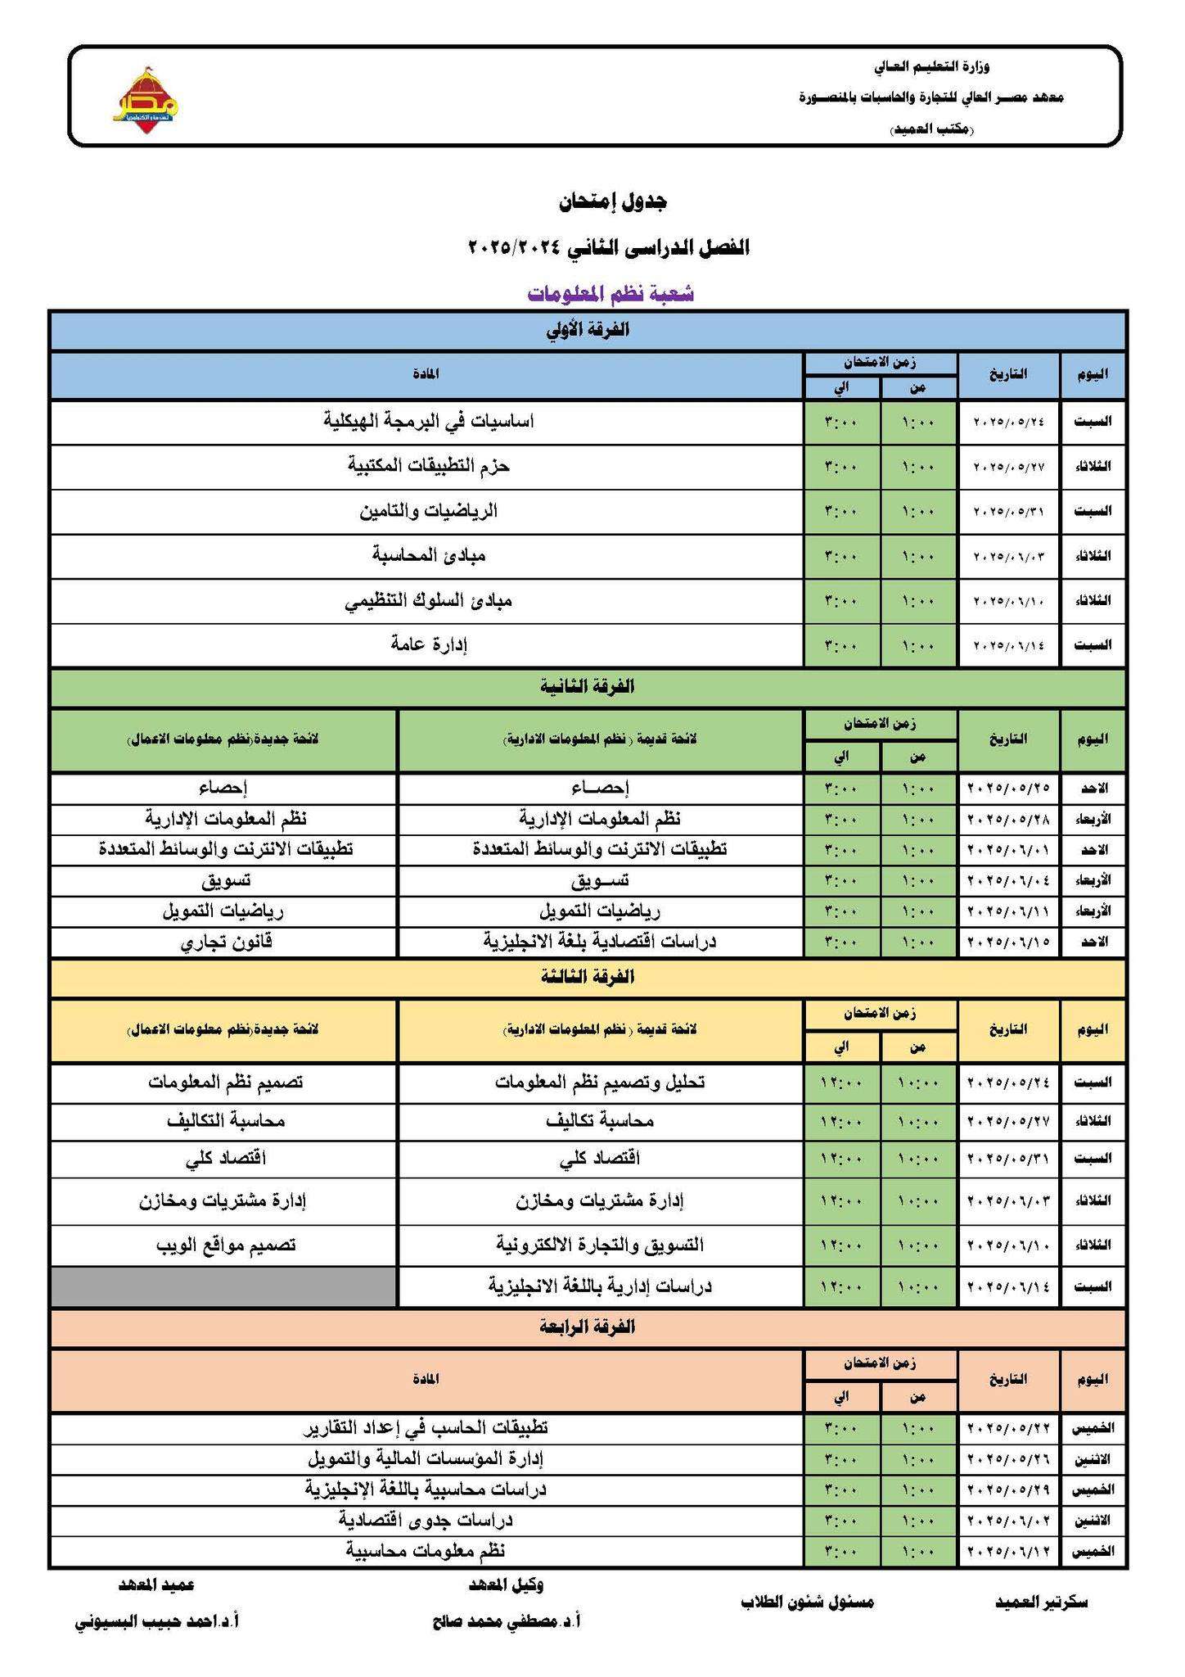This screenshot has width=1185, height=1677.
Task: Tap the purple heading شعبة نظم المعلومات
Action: [x=611, y=293]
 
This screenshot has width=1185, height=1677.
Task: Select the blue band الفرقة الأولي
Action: [x=588, y=331]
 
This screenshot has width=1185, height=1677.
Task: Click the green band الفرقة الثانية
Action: [x=588, y=687]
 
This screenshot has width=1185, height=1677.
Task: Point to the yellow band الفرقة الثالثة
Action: [x=588, y=977]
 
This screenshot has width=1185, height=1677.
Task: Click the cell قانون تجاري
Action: [x=226, y=942]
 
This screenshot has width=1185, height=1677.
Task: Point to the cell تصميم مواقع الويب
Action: [x=226, y=1245]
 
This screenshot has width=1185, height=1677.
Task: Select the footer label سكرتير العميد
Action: [x=1041, y=1602]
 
